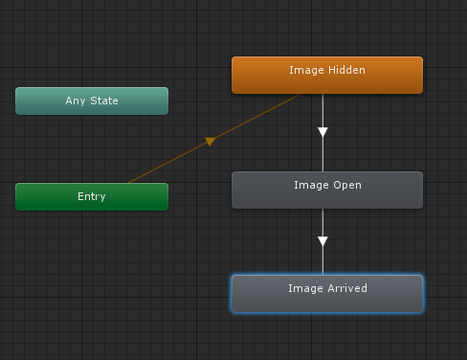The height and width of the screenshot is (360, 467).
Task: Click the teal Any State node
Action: click(x=92, y=101)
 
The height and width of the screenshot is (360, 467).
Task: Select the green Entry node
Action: click(x=92, y=196)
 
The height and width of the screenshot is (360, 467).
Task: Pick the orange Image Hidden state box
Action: click(x=327, y=75)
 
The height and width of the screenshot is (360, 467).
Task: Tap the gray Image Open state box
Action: click(x=327, y=190)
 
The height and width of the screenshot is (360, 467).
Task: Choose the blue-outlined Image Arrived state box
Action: click(x=327, y=293)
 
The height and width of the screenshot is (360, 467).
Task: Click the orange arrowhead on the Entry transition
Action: click(x=210, y=142)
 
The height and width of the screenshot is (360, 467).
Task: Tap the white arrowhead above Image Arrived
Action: click(x=323, y=241)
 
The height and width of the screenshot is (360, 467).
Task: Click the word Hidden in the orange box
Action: click(x=346, y=70)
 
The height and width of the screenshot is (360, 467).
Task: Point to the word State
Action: click(x=104, y=101)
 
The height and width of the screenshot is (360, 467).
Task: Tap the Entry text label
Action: click(x=92, y=196)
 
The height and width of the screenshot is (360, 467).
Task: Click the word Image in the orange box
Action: click(x=305, y=70)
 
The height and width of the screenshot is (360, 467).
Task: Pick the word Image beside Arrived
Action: click(x=304, y=287)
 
